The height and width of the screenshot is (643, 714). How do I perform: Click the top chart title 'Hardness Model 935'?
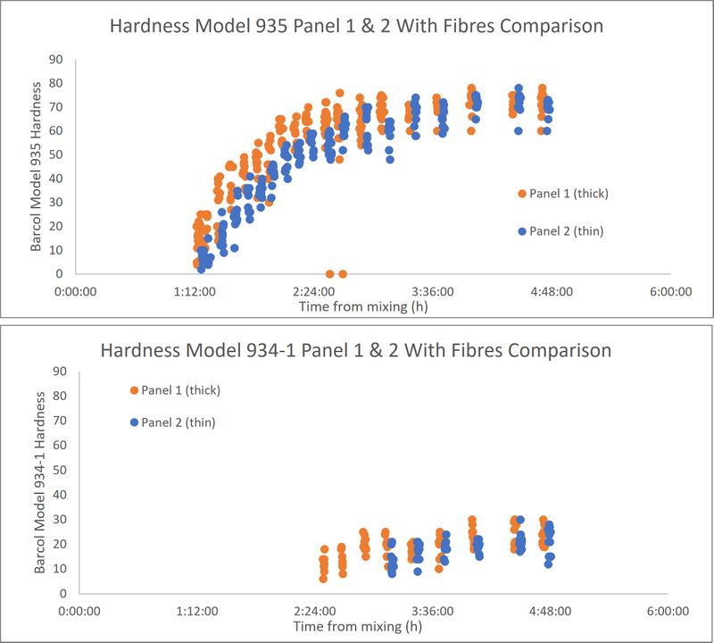[356, 26]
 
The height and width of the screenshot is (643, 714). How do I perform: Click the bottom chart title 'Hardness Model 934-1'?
[356, 349]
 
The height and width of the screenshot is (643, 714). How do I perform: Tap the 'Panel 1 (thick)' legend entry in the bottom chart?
[175, 390]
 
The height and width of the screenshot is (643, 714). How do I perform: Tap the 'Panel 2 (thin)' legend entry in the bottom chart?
[172, 422]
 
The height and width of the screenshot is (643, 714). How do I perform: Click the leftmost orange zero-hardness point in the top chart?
[330, 274]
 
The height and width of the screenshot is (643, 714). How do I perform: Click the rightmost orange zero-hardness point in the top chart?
[343, 274]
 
